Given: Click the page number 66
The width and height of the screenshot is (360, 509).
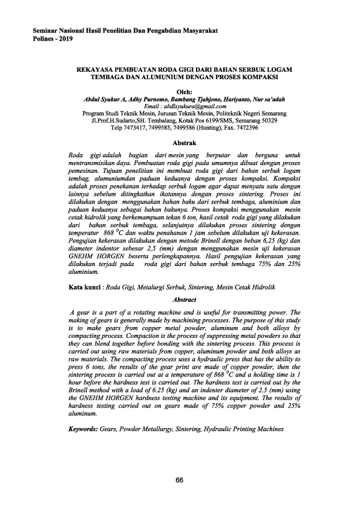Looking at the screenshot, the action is click(x=180, y=480).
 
